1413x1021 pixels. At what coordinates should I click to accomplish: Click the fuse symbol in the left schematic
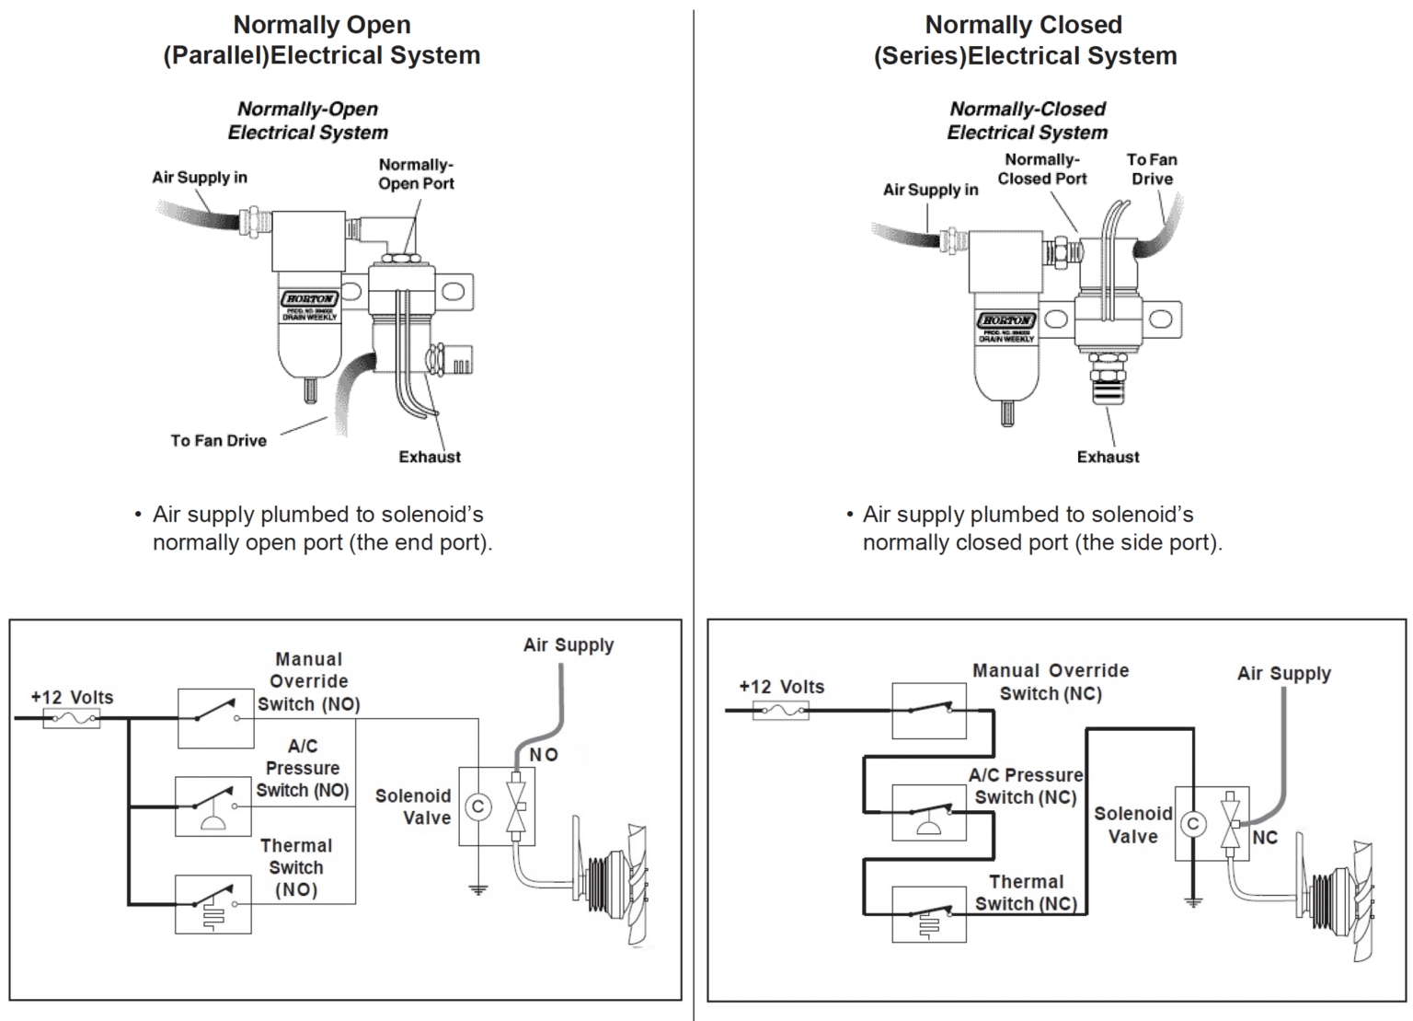tap(72, 718)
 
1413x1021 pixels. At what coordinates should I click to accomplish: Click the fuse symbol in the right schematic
tap(780, 710)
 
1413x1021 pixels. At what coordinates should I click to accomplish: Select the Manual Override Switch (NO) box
tap(215, 717)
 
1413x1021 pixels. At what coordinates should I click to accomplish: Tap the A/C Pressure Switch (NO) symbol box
tap(213, 806)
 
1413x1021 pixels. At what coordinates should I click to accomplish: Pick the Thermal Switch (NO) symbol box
tap(213, 904)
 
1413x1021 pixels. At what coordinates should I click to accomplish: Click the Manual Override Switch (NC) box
tap(929, 711)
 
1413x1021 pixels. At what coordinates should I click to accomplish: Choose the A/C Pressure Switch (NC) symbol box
tap(929, 812)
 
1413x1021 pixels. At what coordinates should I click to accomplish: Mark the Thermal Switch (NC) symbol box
tap(929, 914)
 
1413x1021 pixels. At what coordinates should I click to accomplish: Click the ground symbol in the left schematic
tap(477, 889)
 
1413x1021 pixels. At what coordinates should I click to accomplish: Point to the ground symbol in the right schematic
tap(1193, 902)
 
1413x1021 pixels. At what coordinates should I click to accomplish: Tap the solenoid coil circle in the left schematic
tap(477, 807)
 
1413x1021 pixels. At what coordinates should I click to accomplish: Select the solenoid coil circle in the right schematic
tap(1193, 824)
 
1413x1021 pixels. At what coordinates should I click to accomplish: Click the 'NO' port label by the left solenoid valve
tap(544, 755)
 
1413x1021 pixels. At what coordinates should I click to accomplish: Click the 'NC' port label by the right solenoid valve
tap(1265, 838)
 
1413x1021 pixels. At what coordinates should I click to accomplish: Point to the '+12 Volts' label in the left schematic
tap(72, 697)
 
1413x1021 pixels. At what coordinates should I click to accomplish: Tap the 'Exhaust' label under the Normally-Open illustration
tap(430, 457)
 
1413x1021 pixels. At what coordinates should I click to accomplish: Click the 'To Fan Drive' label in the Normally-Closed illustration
tap(1152, 169)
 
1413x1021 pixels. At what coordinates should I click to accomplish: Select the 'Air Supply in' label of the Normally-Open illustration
tap(200, 178)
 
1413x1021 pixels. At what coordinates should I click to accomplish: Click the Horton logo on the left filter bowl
tap(309, 299)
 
